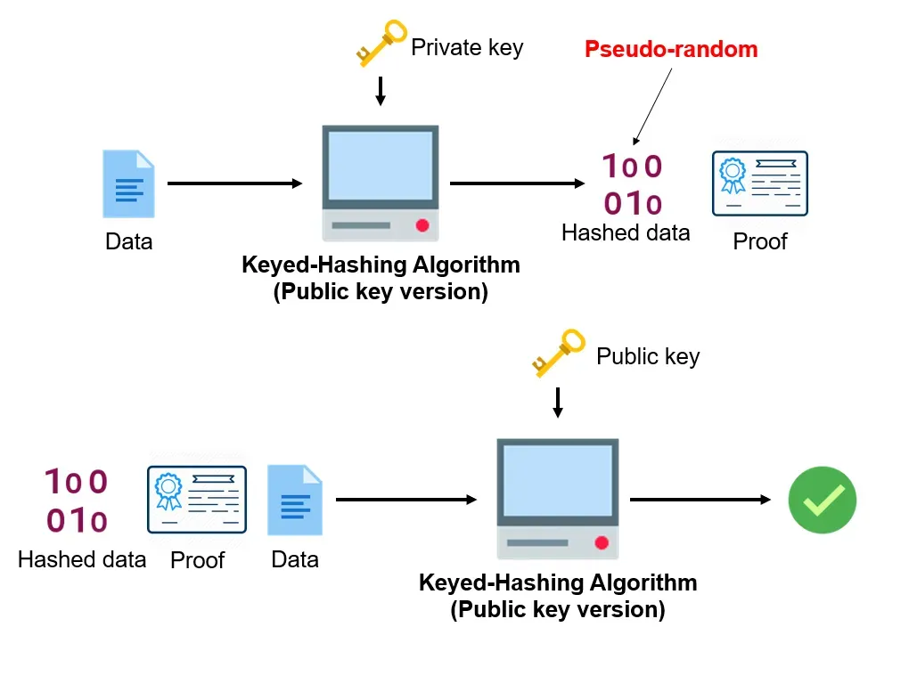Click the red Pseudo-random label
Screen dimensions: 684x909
coord(671,49)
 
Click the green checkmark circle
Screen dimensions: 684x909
coord(822,500)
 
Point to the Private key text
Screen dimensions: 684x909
coord(466,47)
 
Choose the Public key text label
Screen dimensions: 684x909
coord(648,357)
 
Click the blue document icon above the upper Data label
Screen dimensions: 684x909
coord(128,184)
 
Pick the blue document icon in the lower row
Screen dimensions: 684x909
coord(295,500)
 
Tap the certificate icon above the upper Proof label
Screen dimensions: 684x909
coord(759,183)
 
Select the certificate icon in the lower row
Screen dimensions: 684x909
coord(196,499)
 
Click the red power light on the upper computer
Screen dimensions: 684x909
coord(422,225)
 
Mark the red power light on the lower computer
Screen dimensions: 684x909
coord(602,542)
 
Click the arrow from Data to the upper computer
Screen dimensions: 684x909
coord(235,183)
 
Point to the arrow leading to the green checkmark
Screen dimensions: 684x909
coord(700,500)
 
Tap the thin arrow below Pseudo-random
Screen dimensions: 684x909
coord(653,106)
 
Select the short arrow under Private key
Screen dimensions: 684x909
coord(381,91)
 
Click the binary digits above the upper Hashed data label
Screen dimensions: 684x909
coord(632,185)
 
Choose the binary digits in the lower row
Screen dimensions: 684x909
coord(77,501)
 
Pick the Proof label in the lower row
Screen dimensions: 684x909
coord(197,560)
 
